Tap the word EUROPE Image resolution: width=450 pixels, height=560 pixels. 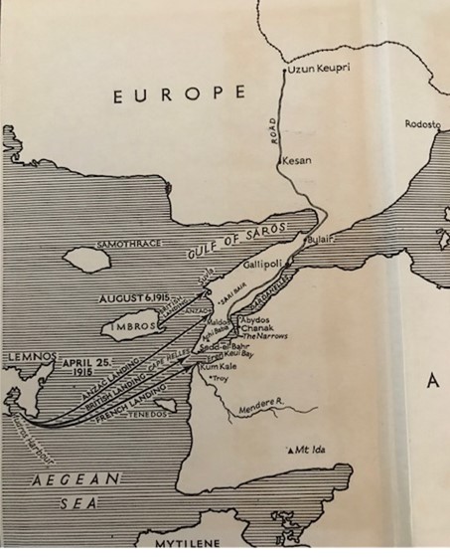point(179,94)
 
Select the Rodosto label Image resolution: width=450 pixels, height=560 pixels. point(425,124)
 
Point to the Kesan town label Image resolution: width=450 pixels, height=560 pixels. point(297,160)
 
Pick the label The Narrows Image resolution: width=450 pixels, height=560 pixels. point(264,338)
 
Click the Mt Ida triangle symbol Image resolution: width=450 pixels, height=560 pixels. point(288,449)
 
